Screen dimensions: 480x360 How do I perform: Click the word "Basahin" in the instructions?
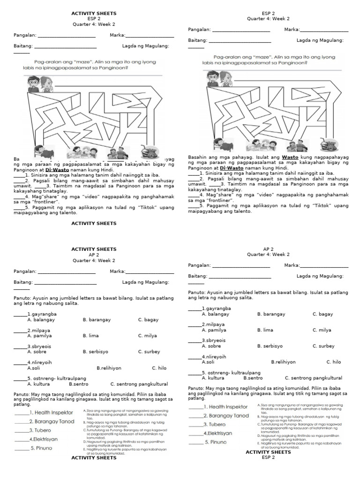[198, 158]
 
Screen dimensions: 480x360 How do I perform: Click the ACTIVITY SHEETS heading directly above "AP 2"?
[94, 249]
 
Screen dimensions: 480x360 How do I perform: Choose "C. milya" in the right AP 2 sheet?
[322, 330]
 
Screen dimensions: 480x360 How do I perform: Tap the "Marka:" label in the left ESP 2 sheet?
[117, 36]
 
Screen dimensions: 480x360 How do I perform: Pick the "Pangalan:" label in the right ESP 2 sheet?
[199, 30]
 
